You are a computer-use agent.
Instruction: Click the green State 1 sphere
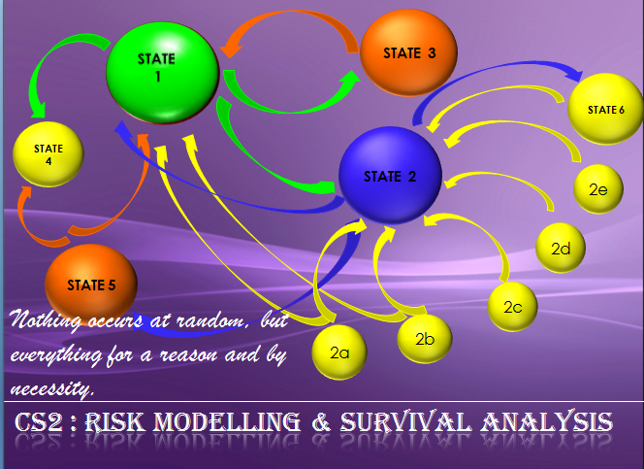click(163, 73)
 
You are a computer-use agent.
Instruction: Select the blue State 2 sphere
click(390, 176)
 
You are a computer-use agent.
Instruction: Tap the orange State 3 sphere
click(408, 52)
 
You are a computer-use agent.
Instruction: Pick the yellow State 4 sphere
click(48, 154)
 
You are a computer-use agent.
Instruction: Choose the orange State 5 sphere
click(91, 285)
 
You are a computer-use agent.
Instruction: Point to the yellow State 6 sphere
click(605, 109)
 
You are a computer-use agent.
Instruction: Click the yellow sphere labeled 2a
click(339, 352)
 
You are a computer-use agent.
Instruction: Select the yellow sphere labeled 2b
click(425, 339)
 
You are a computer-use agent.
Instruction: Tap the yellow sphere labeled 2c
click(512, 307)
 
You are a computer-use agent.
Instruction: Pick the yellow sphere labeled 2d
click(561, 249)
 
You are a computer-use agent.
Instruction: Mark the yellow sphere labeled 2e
click(598, 189)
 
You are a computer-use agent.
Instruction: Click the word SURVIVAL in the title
click(405, 422)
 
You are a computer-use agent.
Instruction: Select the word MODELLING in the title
click(227, 422)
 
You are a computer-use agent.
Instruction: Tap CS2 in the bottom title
click(39, 422)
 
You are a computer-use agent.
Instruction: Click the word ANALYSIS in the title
click(547, 422)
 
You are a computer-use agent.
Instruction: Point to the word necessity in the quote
click(51, 388)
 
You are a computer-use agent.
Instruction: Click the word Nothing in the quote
click(45, 319)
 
